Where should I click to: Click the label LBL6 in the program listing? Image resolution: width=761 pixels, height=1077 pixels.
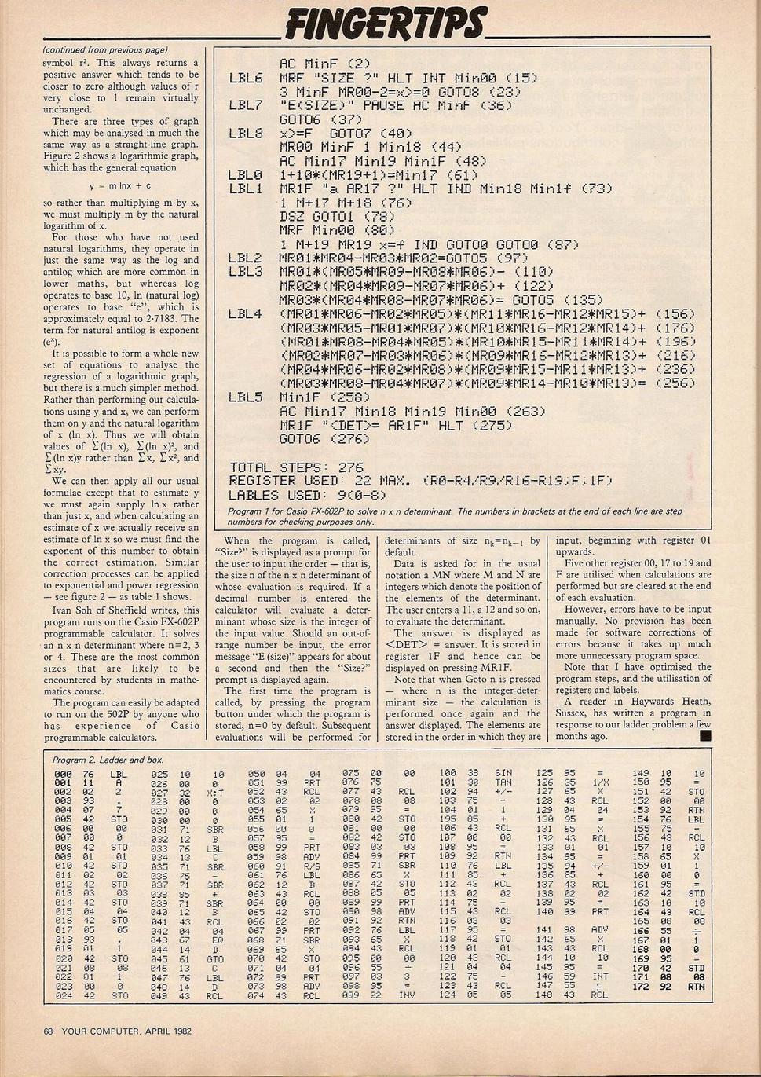[x=246, y=78]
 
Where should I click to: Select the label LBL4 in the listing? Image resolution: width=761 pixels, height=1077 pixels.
[x=246, y=314]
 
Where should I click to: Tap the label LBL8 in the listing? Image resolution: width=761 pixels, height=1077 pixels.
[x=246, y=134]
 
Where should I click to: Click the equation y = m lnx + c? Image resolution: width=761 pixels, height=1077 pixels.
[x=120, y=186]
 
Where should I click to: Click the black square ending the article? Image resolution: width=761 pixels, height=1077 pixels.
[x=704, y=736]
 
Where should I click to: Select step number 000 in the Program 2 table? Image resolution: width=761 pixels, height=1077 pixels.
[x=62, y=773]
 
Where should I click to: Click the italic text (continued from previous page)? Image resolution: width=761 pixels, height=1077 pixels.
[x=104, y=51]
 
